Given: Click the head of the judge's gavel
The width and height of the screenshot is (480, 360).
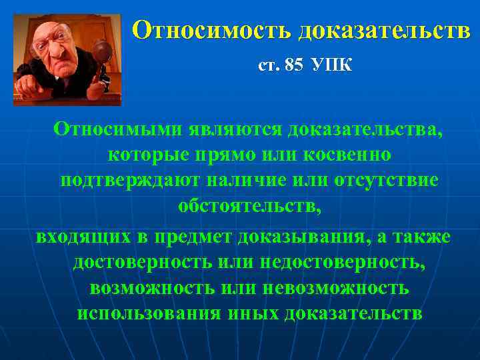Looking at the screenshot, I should pos(102,51).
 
